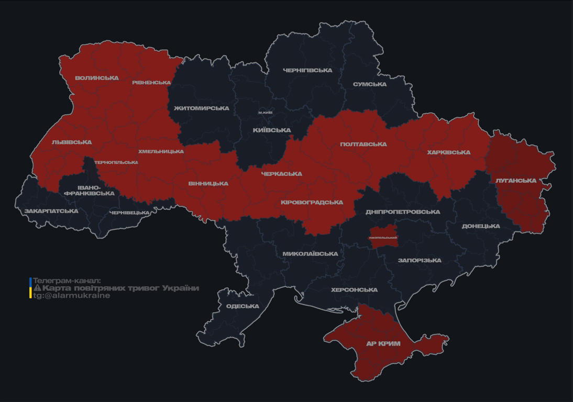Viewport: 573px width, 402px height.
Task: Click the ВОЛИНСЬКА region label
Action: pos(96,78)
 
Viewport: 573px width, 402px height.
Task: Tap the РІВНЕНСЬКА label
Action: pos(151,83)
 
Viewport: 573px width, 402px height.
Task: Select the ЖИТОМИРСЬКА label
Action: pos(202,108)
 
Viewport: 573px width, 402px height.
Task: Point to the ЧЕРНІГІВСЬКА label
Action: pos(307,70)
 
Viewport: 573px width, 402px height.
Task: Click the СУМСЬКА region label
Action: pos(370,84)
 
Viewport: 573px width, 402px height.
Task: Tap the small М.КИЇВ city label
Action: pos(266,113)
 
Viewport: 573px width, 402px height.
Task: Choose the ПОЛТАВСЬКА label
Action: pos(363,144)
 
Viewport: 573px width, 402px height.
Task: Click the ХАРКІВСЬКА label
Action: pos(448,152)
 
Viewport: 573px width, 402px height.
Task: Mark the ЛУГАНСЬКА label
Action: pos(516,181)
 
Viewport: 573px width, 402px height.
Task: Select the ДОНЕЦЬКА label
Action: pos(481,226)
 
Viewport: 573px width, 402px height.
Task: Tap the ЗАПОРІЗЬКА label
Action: pos(420,260)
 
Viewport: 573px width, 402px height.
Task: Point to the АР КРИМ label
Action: pos(383,344)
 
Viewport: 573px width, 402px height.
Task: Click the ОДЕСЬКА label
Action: pos(243,306)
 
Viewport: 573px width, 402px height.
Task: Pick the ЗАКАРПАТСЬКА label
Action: pos(51,211)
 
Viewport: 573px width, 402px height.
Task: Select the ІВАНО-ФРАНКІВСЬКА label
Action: pos(89,190)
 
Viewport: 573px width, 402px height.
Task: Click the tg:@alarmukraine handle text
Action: pos(72,296)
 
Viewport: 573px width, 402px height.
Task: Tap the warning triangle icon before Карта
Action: pos(37,288)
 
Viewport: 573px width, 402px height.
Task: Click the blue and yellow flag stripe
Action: pos(30,288)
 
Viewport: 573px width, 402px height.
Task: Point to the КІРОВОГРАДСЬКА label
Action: pos(312,203)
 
